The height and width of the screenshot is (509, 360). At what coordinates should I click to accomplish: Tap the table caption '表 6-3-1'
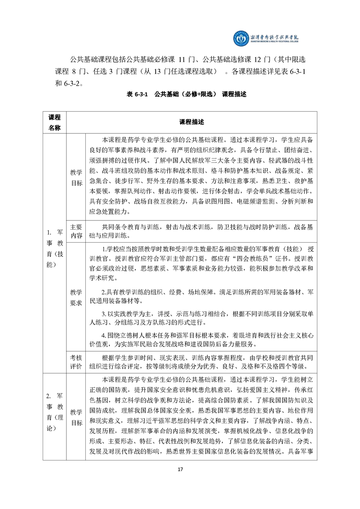(135, 94)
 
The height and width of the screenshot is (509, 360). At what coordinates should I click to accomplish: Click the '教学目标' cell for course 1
(76, 178)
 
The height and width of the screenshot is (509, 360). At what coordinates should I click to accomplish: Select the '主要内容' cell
(76, 231)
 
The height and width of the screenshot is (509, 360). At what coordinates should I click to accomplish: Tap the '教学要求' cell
(76, 297)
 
